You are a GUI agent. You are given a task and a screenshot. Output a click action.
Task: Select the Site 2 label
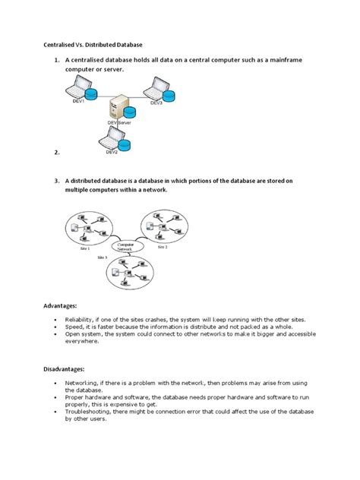pos(162,247)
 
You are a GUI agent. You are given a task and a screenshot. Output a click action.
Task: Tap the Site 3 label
pos(102,258)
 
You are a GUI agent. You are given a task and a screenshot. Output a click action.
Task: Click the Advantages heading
pos(62,305)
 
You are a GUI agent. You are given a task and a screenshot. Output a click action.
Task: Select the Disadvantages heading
pos(67,370)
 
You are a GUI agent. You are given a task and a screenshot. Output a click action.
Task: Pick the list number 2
pos(56,153)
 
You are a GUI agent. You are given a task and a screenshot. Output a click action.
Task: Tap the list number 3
pos(56,181)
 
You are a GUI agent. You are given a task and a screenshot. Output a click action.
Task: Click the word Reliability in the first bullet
pos(81,320)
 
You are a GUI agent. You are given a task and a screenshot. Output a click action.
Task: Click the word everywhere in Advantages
pos(84,341)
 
